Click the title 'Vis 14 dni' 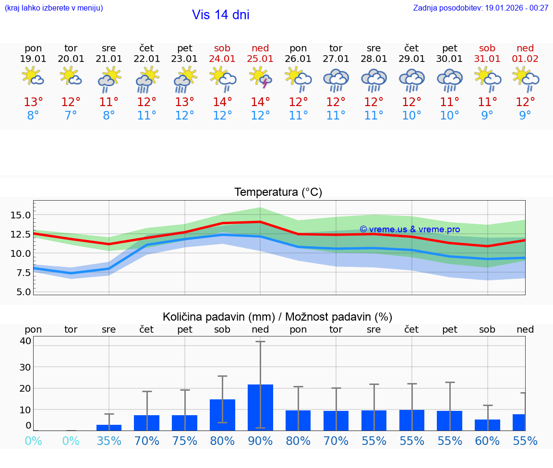coord(220,15)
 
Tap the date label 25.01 coord(260,59)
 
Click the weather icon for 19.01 coord(33,77)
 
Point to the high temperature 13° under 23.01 coord(184,102)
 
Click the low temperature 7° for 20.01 coord(71,116)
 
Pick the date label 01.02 coord(525,59)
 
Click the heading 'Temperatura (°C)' coord(278,192)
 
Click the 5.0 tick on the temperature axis coord(22,291)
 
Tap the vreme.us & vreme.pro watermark coord(409,229)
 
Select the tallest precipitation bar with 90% coord(260,408)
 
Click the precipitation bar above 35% coord(109,428)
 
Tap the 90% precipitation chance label coord(260,441)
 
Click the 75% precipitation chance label coord(184,441)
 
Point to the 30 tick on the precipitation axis coord(25,367)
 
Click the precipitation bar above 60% coord(487,425)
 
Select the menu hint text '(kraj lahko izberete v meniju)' coord(54,8)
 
